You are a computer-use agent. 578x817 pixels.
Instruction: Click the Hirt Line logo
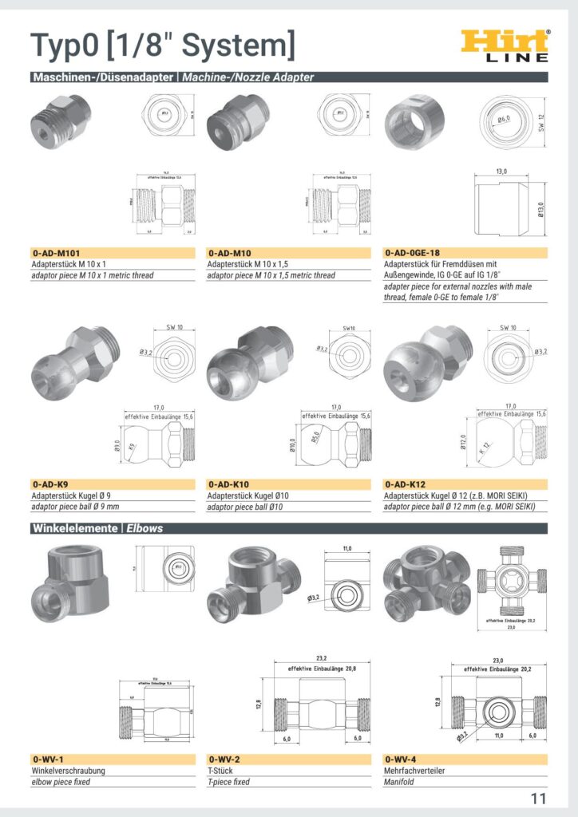click(x=505, y=45)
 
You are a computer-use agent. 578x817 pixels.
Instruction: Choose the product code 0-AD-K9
click(x=50, y=484)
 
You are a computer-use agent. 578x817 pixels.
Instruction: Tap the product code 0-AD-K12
click(x=406, y=484)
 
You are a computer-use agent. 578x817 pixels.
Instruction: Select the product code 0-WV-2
click(x=224, y=760)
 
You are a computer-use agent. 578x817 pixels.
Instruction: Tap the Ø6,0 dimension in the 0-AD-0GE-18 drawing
click(x=505, y=120)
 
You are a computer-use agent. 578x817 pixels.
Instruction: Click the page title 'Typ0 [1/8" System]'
click(x=162, y=45)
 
